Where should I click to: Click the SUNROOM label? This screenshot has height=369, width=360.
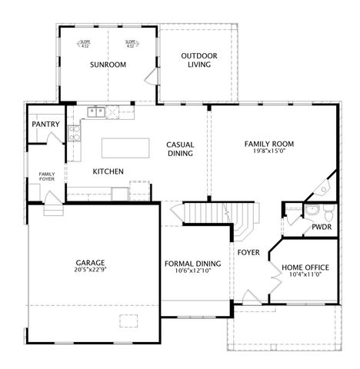point(108,65)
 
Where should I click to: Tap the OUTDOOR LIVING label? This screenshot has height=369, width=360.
point(199,60)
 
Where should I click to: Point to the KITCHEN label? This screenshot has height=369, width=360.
point(108,171)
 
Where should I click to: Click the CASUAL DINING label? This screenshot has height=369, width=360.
point(180,149)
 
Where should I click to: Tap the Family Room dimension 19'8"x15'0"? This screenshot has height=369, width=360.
point(269,151)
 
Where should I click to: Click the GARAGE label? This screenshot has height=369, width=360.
point(91,261)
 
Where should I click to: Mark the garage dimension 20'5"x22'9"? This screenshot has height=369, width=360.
point(91,270)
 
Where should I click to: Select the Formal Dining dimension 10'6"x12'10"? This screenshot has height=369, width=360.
point(193,271)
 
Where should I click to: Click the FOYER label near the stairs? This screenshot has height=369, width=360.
point(248,252)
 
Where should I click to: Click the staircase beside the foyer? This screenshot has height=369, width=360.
point(208,211)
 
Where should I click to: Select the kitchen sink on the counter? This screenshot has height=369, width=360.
point(96,112)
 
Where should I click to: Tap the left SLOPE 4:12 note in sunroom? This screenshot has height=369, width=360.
point(85,44)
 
